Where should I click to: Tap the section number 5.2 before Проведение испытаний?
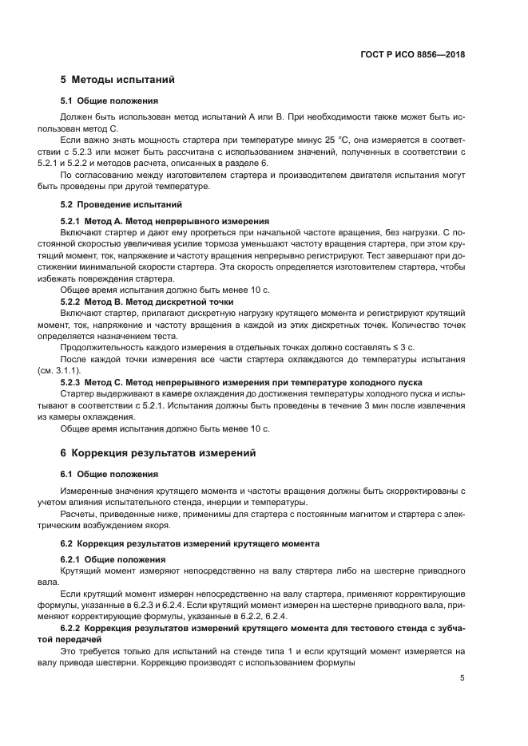point(67,204)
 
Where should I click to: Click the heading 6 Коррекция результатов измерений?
point(158,452)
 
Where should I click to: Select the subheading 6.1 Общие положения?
point(109,474)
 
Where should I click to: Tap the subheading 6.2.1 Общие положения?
point(113,559)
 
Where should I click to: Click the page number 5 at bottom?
point(462,678)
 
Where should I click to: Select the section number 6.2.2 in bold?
point(74,629)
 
